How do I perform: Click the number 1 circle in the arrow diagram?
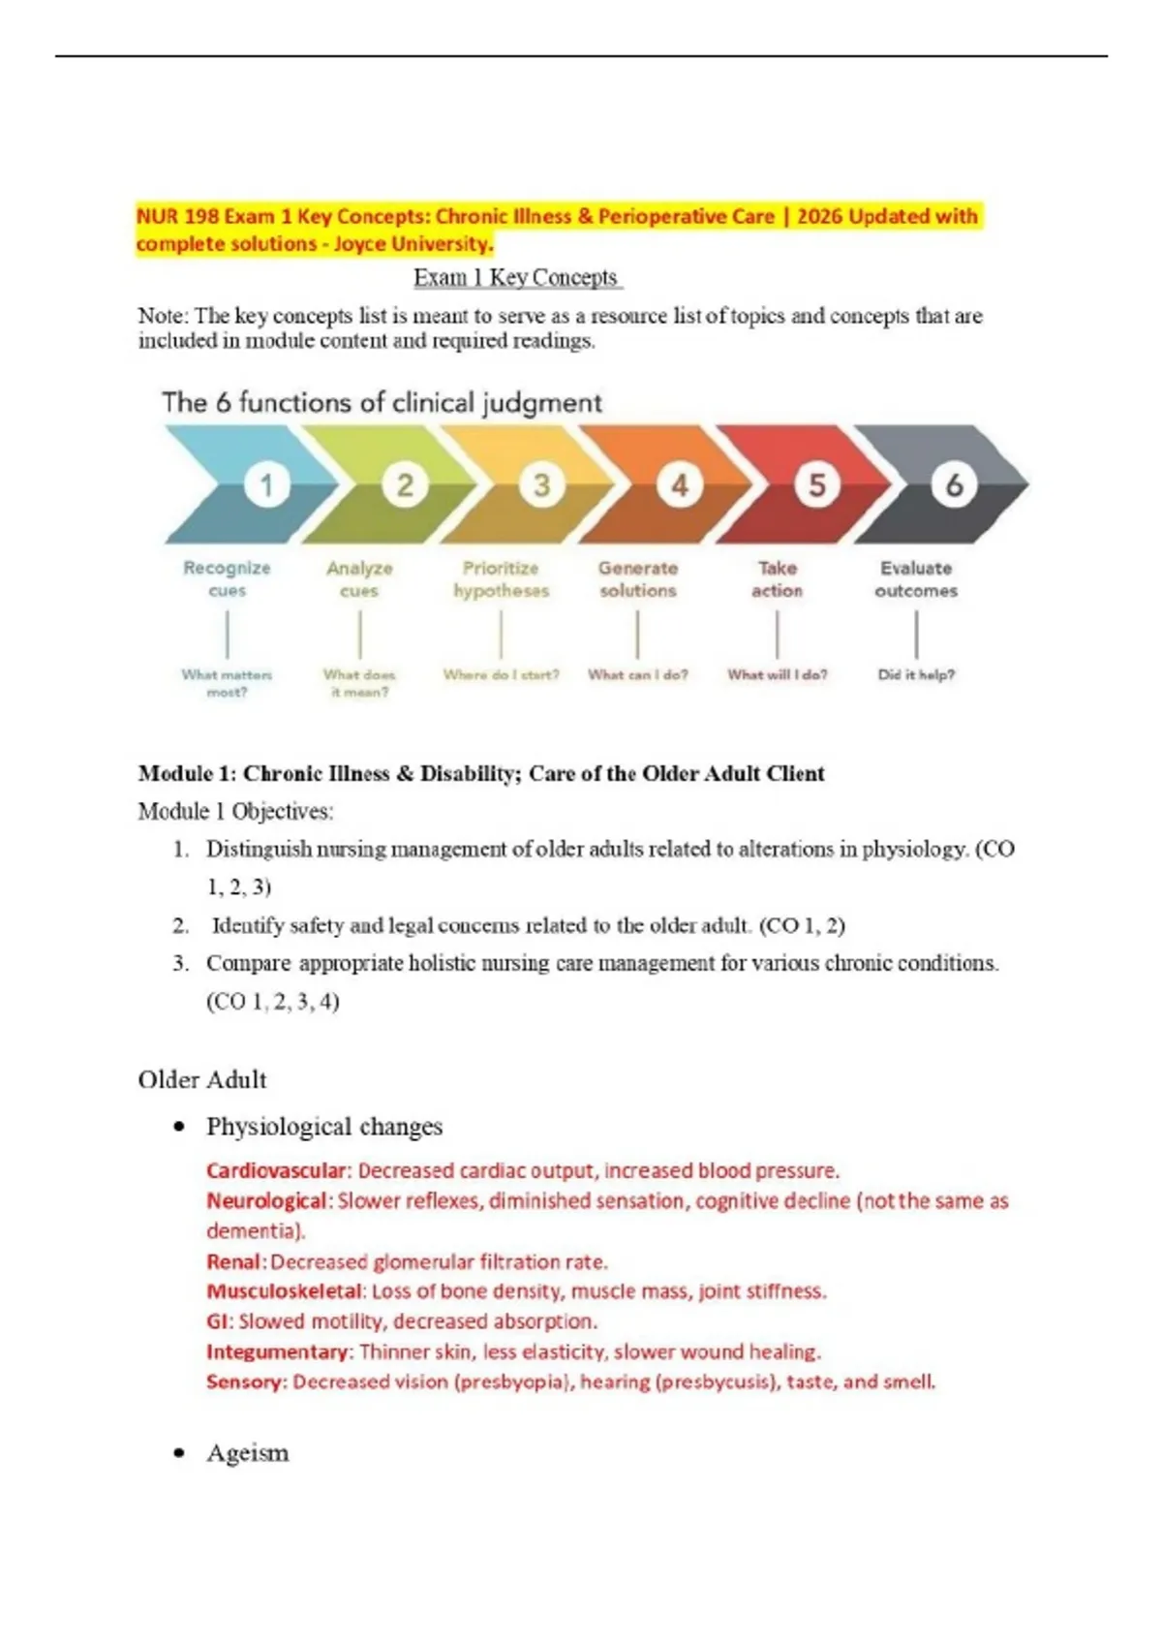coord(267,484)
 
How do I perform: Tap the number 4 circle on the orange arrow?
coord(680,484)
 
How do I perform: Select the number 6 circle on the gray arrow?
coord(954,484)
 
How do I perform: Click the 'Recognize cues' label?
coord(228,578)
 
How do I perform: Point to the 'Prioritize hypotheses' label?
coord(501,578)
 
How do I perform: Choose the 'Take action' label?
coord(777,578)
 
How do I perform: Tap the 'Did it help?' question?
coord(916,674)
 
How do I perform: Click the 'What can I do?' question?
coord(637,674)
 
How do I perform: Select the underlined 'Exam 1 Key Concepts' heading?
coord(516,278)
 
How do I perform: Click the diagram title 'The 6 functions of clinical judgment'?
coord(382,402)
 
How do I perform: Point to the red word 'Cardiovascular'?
coord(275,1170)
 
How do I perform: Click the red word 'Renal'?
coord(233,1261)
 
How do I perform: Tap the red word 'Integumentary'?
coord(277,1352)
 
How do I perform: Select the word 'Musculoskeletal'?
coord(284,1291)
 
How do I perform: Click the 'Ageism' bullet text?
coord(248,1452)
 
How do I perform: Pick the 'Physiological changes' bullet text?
coord(324,1127)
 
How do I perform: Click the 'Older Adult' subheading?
coord(201,1079)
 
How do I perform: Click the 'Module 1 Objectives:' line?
coord(235,811)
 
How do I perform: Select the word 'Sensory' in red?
coord(245,1382)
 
